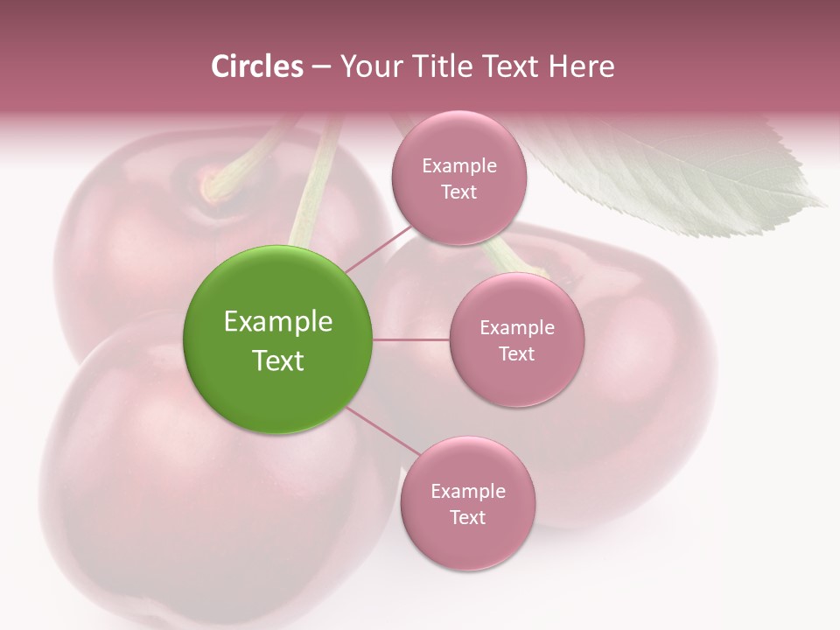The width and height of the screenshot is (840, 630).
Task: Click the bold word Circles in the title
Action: (256, 66)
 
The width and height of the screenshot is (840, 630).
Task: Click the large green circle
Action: (277, 339)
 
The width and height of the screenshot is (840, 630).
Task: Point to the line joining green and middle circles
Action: (410, 339)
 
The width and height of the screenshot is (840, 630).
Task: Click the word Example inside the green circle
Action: (277, 321)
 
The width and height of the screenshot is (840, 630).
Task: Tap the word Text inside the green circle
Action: (277, 360)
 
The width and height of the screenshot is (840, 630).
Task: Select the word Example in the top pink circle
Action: (458, 165)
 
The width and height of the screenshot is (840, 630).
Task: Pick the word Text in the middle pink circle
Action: (516, 353)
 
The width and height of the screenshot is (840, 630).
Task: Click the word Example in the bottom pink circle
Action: (467, 491)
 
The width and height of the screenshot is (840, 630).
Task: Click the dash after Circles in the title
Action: (320, 66)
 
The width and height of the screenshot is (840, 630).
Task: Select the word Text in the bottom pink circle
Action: (467, 517)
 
